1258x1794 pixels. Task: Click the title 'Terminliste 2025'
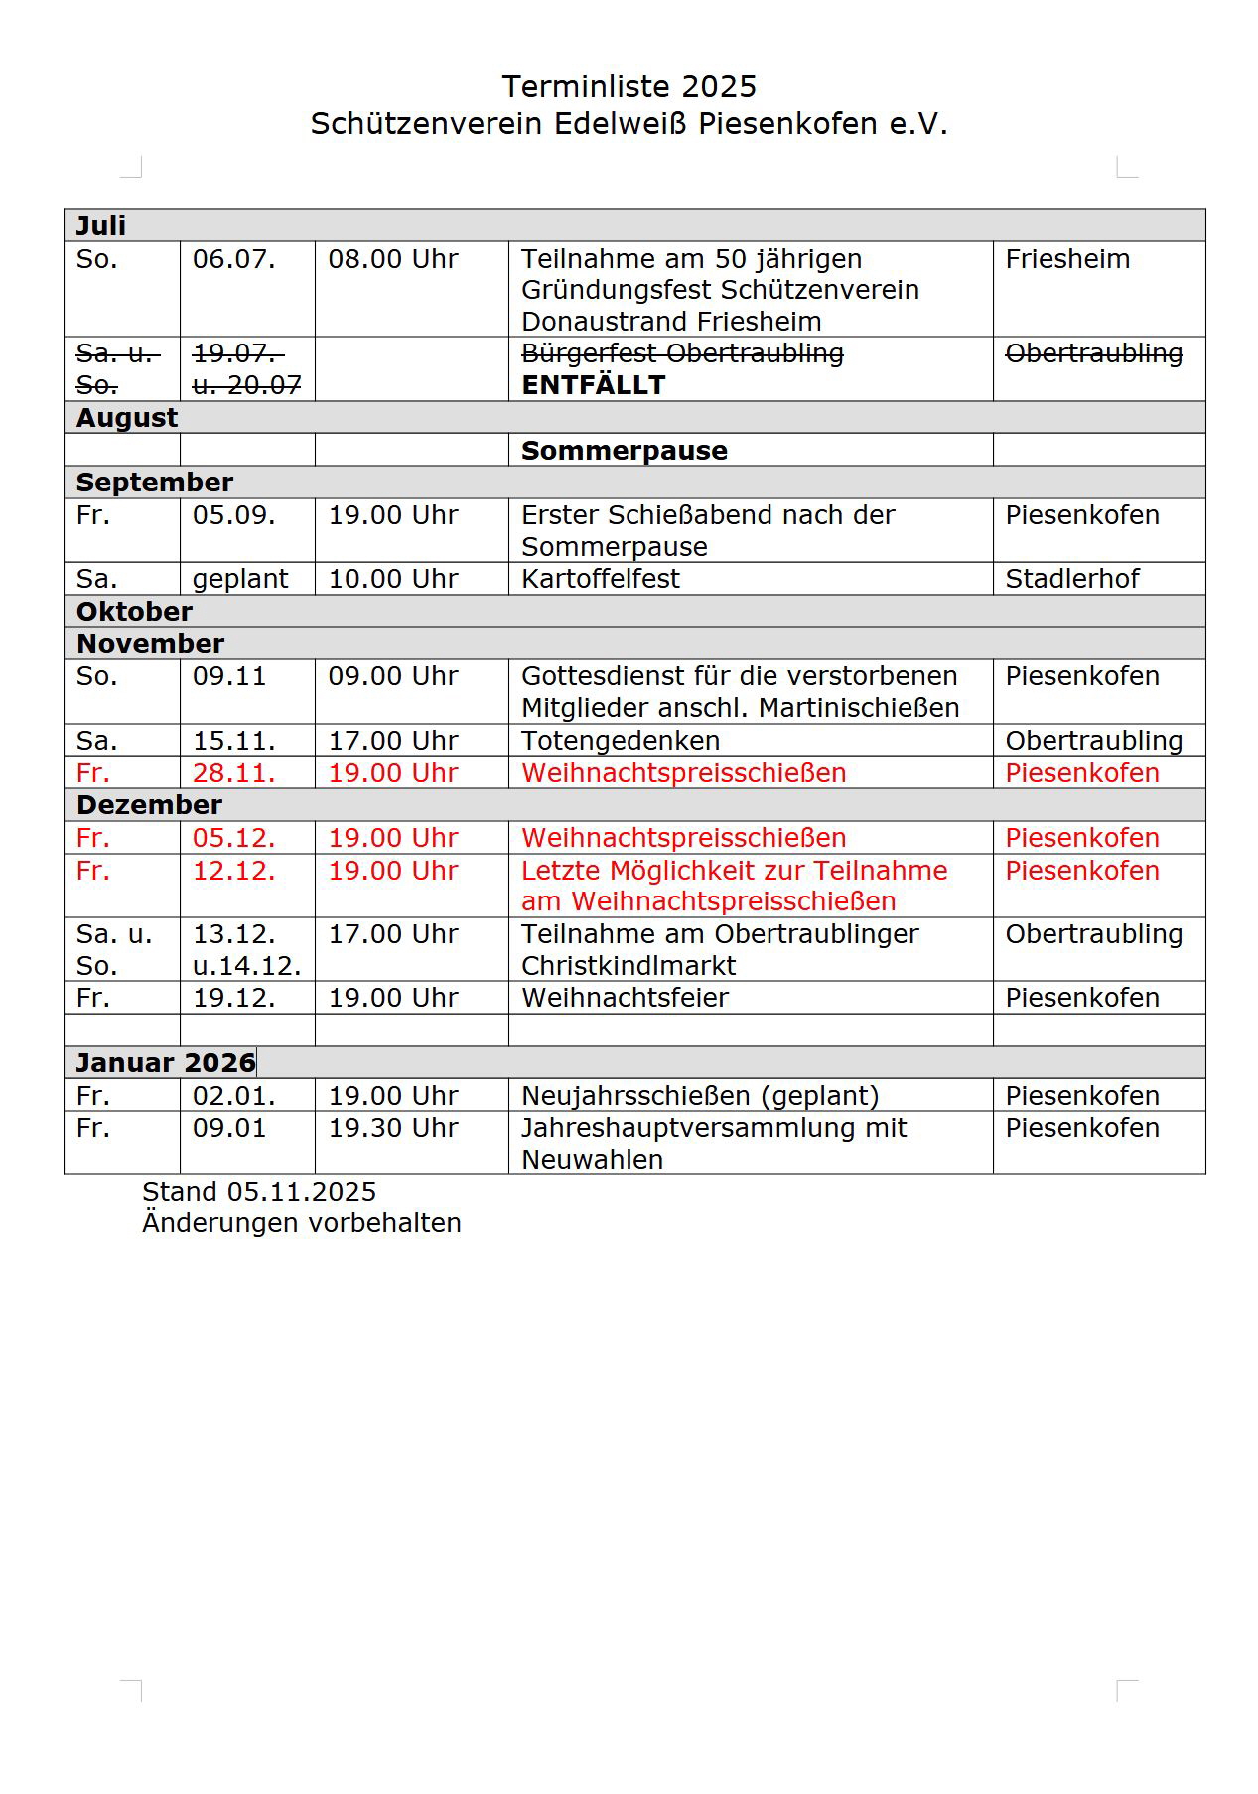pos(629,87)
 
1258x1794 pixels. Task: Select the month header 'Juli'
pos(101,225)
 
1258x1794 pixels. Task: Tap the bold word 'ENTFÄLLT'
pos(593,385)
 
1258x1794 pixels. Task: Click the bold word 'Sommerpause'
pos(624,451)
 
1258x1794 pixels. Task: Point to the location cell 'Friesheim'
pos(1067,259)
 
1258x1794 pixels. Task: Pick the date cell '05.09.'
pos(233,515)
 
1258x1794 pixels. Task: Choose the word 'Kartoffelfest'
pos(600,579)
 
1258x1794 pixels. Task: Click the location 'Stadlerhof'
pos(1071,579)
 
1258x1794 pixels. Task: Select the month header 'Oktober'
pos(134,612)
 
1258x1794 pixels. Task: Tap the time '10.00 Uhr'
pos(393,579)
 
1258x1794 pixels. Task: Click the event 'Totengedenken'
pos(621,741)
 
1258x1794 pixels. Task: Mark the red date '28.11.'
pos(233,773)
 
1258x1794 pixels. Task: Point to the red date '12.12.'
pos(233,871)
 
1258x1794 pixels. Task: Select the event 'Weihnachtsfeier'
pos(625,998)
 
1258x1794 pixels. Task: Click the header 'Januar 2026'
pos(166,1063)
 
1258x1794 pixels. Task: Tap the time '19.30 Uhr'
pos(393,1128)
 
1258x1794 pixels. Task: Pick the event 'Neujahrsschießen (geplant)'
pos(700,1096)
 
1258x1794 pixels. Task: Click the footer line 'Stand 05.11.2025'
pos(259,1192)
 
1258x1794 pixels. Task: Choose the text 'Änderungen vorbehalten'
pos(302,1223)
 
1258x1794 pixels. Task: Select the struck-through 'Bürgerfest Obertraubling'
pos(682,353)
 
